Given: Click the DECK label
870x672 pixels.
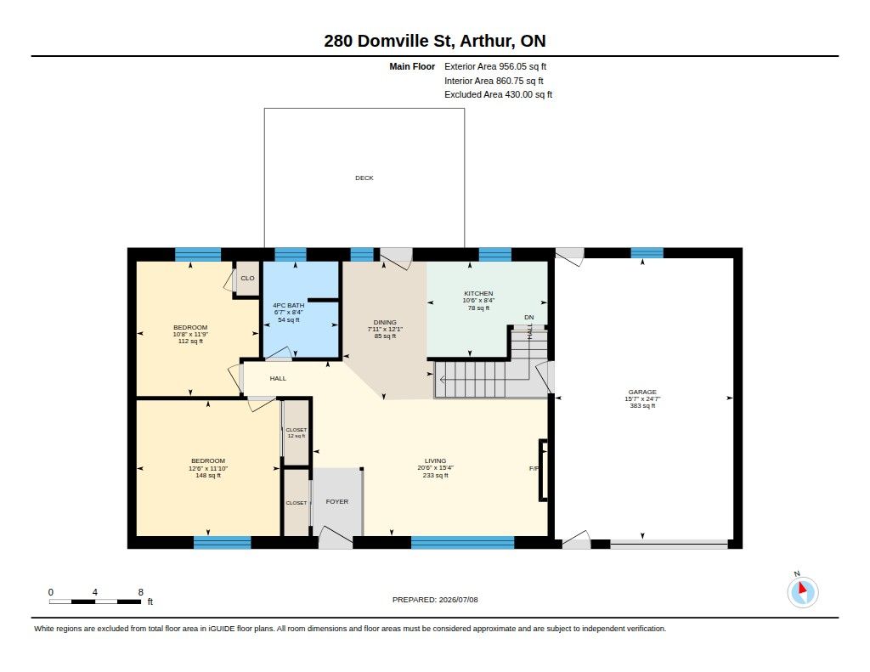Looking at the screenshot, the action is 364,178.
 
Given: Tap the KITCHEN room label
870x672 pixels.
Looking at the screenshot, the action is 478,294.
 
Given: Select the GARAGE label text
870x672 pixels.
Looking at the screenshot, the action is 642,392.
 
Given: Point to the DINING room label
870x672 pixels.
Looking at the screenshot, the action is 385,322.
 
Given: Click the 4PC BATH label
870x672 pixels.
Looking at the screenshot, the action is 289,305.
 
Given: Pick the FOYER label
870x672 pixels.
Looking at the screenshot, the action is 336,501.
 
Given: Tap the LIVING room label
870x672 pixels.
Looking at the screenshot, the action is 436,461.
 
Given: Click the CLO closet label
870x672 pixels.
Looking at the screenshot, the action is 247,278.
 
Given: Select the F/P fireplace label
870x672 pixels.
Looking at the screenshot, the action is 534,469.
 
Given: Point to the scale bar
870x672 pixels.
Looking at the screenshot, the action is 95,601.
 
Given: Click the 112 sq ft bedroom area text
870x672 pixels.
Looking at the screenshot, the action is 190,342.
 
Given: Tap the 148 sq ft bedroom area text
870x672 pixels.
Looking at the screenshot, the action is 208,476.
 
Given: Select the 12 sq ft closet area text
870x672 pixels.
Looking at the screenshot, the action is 297,436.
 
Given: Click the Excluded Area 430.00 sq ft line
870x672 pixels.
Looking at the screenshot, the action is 498,95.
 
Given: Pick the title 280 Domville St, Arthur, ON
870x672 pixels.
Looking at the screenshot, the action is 435,41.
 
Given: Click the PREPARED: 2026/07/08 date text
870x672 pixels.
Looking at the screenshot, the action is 435,600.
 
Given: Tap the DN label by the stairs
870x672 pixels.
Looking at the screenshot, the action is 528,318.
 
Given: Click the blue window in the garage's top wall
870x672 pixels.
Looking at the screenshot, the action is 647,253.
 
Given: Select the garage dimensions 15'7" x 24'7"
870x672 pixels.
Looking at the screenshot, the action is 642,399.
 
